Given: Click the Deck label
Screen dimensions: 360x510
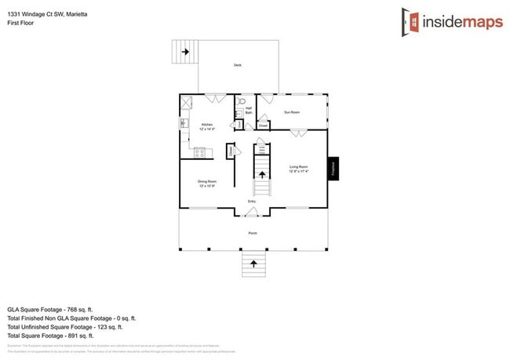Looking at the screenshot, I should coord(238,65).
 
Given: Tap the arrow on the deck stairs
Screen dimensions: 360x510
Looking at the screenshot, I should coord(186,53).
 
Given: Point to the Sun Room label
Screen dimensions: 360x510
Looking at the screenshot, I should coord(292,112).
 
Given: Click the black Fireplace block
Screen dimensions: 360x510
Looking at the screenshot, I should coord(333,167).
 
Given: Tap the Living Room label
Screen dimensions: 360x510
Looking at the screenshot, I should coord(299,168).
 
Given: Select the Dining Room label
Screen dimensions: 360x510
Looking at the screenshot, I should coord(207,184).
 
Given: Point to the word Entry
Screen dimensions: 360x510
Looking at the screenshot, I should coord(252,202).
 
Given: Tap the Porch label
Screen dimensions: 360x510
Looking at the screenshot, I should coord(253,233).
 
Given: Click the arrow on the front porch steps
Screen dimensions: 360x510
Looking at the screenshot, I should coord(253,264).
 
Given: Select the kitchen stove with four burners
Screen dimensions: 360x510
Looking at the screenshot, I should coord(199,151).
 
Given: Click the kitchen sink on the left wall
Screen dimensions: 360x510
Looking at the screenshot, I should coord(184,123).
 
